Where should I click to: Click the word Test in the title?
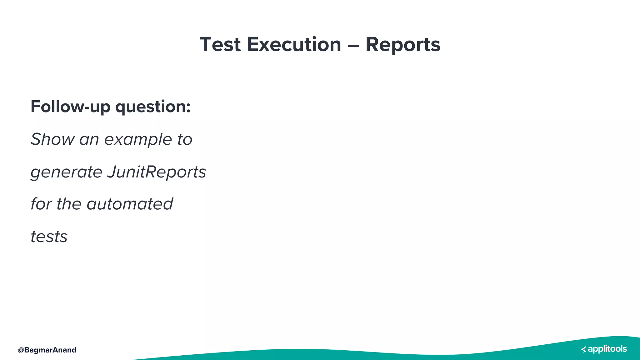pyautogui.click(x=220, y=44)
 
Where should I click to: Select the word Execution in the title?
pyautogui.click(x=294, y=44)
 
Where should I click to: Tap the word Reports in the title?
pyautogui.click(x=403, y=44)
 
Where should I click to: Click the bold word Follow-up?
pyautogui.click(x=70, y=107)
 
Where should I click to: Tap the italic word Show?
pyautogui.click(x=52, y=139)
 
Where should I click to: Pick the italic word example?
pyautogui.click(x=138, y=140)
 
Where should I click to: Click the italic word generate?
pyautogui.click(x=66, y=172)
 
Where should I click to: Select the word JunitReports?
pyautogui.click(x=157, y=172)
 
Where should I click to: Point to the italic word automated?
pyautogui.click(x=130, y=204)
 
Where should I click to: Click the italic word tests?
pyautogui.click(x=49, y=237)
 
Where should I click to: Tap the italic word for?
pyautogui.click(x=41, y=204)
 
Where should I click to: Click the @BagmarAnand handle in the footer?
pyautogui.click(x=47, y=350)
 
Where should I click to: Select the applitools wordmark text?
pyautogui.click(x=607, y=349)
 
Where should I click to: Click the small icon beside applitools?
pyautogui.click(x=583, y=349)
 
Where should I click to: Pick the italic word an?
pyautogui.click(x=89, y=140)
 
